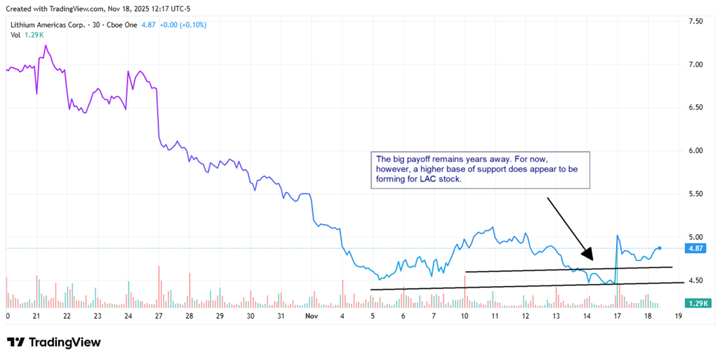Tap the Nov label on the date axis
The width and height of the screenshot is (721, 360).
coord(312,316)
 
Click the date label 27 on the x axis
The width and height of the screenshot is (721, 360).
coord(159,316)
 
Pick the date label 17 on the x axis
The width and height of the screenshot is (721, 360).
coord(617,316)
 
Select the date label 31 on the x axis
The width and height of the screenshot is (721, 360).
coord(281,316)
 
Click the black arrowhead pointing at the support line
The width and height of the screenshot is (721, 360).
coord(587,255)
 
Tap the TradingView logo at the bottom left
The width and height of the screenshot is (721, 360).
coord(54,342)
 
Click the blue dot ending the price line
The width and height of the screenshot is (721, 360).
coord(659,248)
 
